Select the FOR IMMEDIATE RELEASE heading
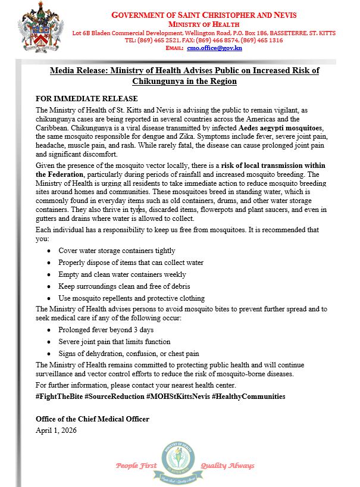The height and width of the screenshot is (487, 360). pos(87,99)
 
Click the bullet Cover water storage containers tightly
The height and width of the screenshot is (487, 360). pos(117,251)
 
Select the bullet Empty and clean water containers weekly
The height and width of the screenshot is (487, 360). pos(122,274)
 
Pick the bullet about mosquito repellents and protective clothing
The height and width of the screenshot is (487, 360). pos(132,298)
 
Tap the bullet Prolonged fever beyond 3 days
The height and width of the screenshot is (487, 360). pos(106,330)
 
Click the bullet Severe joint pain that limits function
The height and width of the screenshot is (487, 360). pos(114,342)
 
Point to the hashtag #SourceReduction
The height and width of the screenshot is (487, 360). pos(120,396)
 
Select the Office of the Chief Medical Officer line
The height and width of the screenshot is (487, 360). pos(92,419)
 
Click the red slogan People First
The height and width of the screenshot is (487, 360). pos(136,466)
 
